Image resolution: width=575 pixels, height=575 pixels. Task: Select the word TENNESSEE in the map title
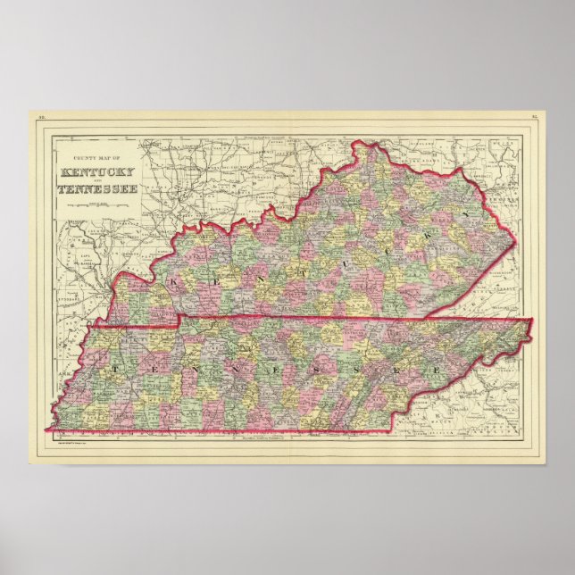pos(97,188)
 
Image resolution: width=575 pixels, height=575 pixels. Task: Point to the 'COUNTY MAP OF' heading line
pos(97,158)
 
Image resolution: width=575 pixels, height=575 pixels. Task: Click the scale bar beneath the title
pos(97,204)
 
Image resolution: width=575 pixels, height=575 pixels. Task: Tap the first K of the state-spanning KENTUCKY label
pos(174,285)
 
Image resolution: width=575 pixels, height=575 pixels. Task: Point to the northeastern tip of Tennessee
pos(533,321)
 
